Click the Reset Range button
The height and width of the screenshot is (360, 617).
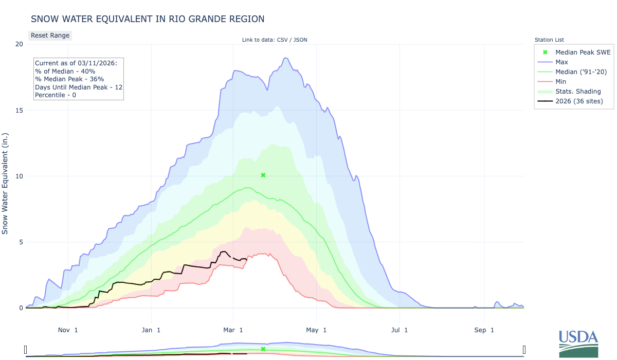[x=50, y=35]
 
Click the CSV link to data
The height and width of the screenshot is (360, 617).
[x=282, y=40]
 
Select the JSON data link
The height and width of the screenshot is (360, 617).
[x=300, y=40]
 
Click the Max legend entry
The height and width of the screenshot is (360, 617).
[x=561, y=62]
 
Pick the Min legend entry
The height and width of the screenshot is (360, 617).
[x=561, y=82]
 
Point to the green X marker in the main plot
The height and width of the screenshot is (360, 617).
[x=263, y=175]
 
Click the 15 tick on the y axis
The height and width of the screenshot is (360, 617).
[x=19, y=110]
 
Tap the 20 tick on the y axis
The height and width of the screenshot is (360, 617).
[x=19, y=44]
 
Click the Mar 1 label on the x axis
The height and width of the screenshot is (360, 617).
[x=233, y=330]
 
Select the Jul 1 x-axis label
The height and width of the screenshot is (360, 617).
[x=400, y=330]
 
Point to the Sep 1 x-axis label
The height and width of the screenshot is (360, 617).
[x=484, y=330]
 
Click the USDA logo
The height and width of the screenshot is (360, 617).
[x=578, y=344]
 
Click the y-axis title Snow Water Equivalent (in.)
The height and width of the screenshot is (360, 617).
[x=5, y=184]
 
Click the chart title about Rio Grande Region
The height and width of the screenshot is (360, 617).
[x=148, y=19]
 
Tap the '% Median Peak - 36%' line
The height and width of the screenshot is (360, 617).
[x=69, y=79]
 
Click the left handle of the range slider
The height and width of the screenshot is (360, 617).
[x=26, y=350]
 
